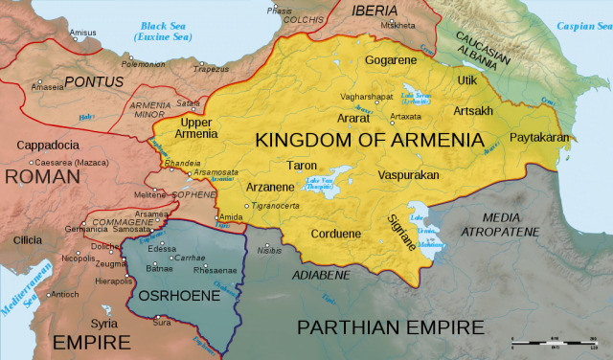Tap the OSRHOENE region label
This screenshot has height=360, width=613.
point(172,295)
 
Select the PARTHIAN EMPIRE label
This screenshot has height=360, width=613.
point(391,327)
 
